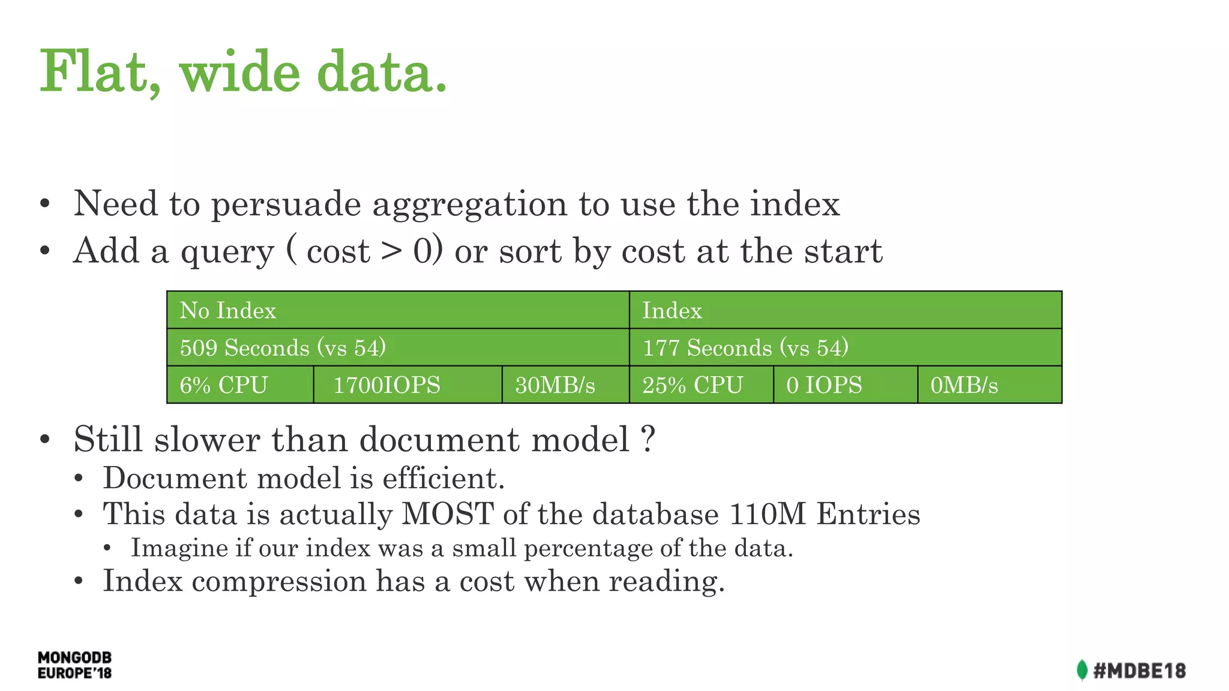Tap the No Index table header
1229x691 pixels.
(x=227, y=311)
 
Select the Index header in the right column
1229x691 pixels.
(x=672, y=311)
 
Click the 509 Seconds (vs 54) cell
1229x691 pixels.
(x=282, y=348)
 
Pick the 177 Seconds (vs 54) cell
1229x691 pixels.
(x=745, y=348)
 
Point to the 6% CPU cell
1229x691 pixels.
(x=223, y=385)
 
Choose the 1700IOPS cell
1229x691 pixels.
(x=386, y=385)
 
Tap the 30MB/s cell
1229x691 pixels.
(x=554, y=385)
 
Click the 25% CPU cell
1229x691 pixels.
(x=693, y=385)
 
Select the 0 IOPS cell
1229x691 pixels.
(x=824, y=385)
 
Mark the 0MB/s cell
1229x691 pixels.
(x=964, y=385)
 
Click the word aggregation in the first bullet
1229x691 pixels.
(x=469, y=205)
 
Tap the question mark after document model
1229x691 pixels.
(x=648, y=439)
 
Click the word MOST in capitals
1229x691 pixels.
(x=447, y=514)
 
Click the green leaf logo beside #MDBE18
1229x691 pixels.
(x=1081, y=670)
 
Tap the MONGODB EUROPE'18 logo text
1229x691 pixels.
(x=74, y=665)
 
